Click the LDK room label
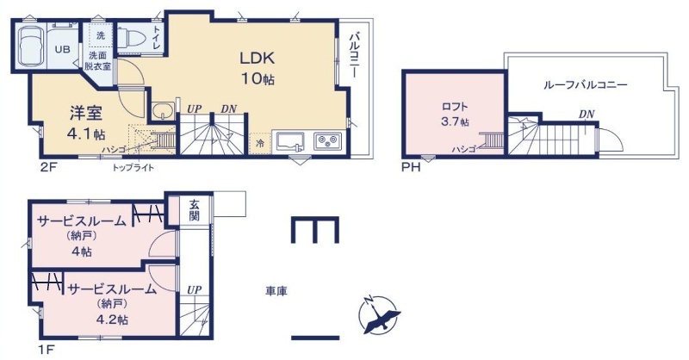coord(257,58)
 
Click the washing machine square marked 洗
coord(101,35)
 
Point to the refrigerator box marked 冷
coord(260,143)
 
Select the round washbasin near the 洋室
coord(164,110)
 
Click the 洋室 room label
coord(86,114)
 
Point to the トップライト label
coord(133,167)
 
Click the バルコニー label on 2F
coord(355,55)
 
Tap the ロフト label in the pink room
coord(455,107)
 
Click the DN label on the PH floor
coord(587,115)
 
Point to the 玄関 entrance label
coord(195,209)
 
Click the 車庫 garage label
coord(276,290)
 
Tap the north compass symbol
coord(379,315)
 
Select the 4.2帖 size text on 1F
coord(112,320)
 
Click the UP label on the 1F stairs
coord(195,290)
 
